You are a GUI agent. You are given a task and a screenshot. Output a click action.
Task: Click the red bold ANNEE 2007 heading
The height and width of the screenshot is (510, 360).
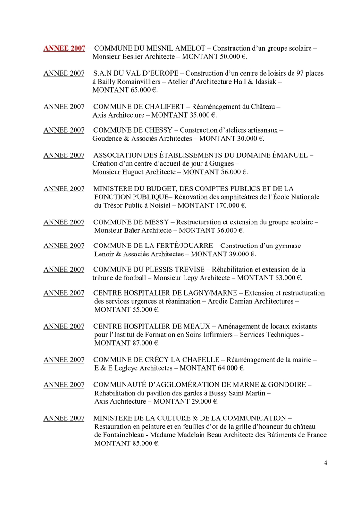click(64, 48)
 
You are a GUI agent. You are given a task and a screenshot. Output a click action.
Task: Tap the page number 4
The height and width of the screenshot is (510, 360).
click(325, 462)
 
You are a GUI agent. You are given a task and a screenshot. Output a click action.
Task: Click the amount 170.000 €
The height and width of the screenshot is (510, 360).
click(229, 205)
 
